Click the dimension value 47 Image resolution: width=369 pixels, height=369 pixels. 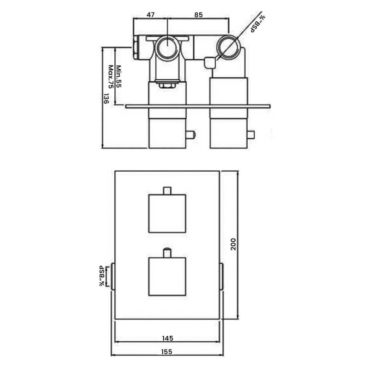pos(151,15)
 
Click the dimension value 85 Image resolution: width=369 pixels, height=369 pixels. pos(199,15)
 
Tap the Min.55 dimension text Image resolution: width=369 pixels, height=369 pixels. pos(119,76)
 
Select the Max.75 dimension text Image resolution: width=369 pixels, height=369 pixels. pos(111,77)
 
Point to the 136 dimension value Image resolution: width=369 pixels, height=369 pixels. pos(106,99)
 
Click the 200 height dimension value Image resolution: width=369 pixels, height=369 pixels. pos(233,244)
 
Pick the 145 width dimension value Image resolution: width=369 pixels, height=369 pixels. pos(167,338)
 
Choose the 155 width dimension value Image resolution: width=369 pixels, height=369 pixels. pos(167,351)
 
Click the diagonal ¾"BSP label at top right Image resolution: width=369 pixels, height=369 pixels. pos(258,24)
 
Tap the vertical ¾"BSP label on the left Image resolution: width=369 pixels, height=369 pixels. pos(102,276)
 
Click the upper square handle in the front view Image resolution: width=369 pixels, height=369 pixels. pos(167,214)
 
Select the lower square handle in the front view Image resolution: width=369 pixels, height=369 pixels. pos(167,276)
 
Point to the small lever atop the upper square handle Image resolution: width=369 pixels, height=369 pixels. pos(167,190)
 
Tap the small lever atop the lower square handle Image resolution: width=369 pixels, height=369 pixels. pos(167,253)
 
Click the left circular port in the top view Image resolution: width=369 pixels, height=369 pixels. pos(167,47)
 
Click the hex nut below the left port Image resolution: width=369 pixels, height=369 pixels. pos(167,85)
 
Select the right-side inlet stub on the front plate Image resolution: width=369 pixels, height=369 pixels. pos(222,276)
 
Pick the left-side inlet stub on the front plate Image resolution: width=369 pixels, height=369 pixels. pos(113,276)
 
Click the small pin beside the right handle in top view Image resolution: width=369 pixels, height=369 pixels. pos(251,135)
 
